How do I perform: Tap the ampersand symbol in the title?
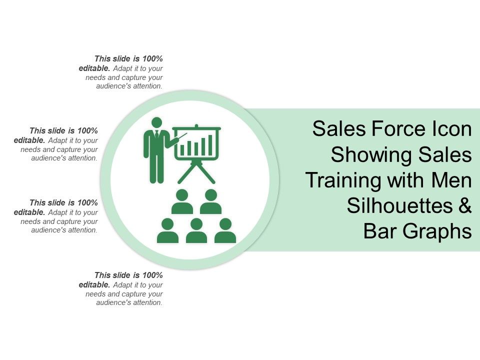[464, 205]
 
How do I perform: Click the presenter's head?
[156, 122]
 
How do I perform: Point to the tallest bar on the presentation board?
[210, 144]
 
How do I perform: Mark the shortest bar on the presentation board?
[182, 149]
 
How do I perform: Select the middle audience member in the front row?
[196, 231]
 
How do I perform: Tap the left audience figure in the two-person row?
[182, 201]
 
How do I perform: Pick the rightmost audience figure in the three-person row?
[225, 231]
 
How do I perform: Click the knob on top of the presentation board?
[196, 125]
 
